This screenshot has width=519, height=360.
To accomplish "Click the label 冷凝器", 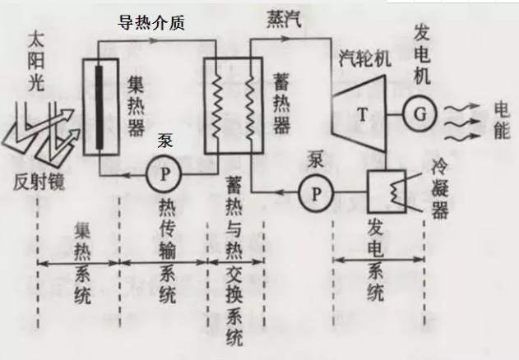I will click(442, 189).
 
